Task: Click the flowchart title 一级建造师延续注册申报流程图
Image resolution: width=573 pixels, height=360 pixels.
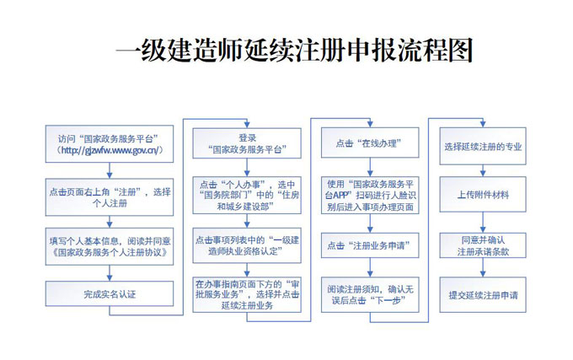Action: click(x=294, y=50)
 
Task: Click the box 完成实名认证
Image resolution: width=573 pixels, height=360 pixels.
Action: click(x=110, y=293)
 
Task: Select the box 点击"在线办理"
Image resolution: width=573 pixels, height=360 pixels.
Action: click(x=370, y=142)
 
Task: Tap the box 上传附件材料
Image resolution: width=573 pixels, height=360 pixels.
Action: click(x=483, y=195)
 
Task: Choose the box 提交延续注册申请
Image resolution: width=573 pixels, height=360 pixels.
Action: click(x=483, y=294)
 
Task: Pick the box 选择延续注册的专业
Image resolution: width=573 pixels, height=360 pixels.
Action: click(x=483, y=146)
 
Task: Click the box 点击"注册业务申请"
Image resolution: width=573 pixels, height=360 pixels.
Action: click(x=370, y=245)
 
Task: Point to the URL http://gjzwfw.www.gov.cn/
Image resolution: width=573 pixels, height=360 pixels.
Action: click(x=110, y=150)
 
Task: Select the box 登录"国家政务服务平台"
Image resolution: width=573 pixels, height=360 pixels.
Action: click(x=247, y=143)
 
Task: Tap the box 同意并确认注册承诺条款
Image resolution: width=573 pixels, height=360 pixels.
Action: click(x=483, y=245)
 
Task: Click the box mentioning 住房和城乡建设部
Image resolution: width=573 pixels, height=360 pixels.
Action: click(x=247, y=195)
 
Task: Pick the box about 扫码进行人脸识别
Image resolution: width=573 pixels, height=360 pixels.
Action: click(x=370, y=195)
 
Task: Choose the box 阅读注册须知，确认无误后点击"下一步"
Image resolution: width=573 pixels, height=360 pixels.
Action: click(x=370, y=294)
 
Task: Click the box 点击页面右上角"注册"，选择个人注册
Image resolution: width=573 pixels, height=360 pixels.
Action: click(x=110, y=197)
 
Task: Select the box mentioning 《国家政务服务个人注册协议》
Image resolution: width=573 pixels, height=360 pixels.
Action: click(x=110, y=246)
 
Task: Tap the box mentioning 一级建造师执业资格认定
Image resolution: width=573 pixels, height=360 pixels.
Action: click(x=247, y=245)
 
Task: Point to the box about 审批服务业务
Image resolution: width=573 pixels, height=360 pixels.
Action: click(x=247, y=294)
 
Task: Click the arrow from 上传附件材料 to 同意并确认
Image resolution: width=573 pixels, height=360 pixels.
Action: click(x=483, y=223)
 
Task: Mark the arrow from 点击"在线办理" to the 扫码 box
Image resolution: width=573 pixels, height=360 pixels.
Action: click(x=370, y=168)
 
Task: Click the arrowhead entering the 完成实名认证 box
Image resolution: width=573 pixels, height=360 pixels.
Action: click(x=110, y=278)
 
